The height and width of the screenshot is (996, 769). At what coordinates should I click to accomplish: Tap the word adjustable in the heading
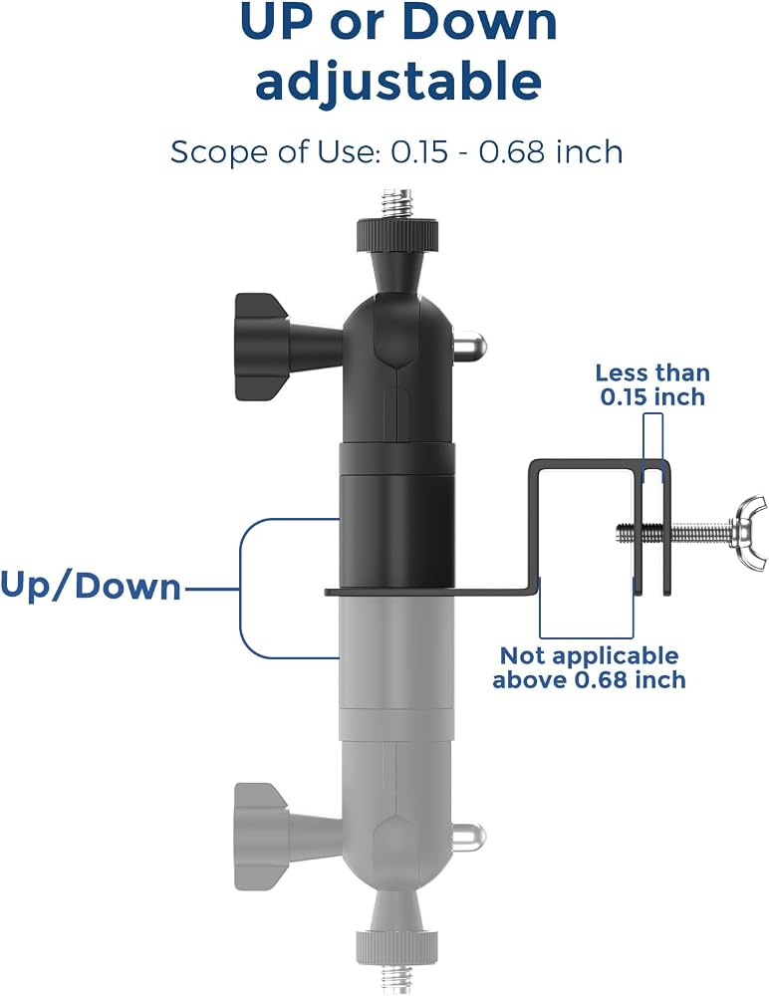[x=398, y=82]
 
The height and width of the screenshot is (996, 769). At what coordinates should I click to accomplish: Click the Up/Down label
[x=91, y=586]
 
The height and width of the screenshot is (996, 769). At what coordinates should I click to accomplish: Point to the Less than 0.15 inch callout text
[x=652, y=384]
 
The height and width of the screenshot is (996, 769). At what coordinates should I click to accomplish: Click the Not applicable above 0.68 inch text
[x=589, y=667]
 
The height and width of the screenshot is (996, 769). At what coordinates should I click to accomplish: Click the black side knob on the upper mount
[x=263, y=347]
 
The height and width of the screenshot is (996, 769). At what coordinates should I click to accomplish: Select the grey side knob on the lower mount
[x=262, y=837]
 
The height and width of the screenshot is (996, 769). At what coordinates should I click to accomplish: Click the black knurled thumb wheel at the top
[x=397, y=234]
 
